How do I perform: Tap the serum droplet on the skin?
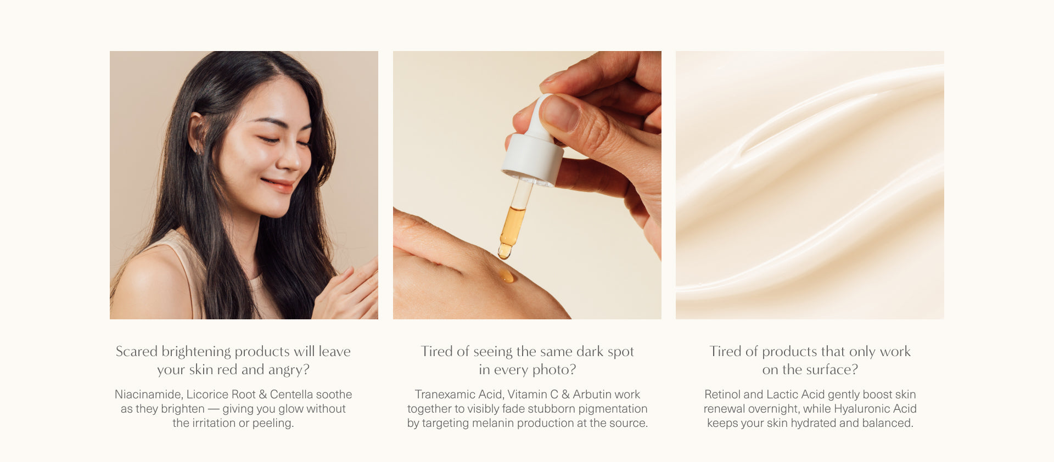(506, 275)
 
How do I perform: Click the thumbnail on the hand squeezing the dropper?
(560, 112)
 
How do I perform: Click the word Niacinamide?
(148, 395)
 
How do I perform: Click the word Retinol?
(722, 395)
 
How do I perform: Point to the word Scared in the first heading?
(137, 351)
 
